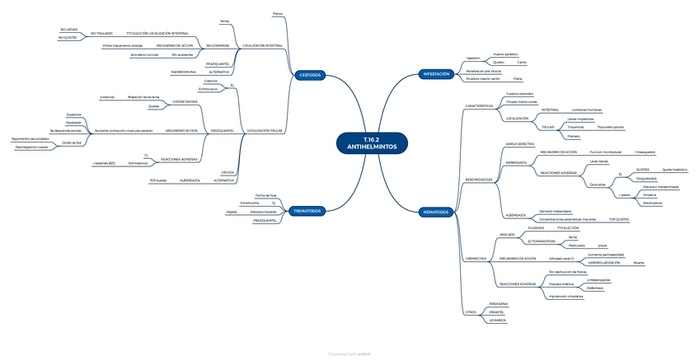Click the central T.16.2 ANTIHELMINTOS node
(x=372, y=142)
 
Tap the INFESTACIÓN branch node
(x=436, y=74)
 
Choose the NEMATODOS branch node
(x=435, y=212)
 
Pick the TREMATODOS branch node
(x=308, y=212)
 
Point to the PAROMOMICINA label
(x=183, y=72)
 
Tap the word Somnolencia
(x=162, y=164)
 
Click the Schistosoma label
(x=249, y=203)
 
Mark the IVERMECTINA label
(x=475, y=258)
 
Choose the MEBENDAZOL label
(x=516, y=162)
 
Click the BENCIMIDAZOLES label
(x=478, y=179)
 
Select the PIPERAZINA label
(x=498, y=304)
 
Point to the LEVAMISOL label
(x=496, y=320)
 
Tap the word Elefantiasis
(x=594, y=288)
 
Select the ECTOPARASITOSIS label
(x=518, y=241)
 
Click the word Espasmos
(x=74, y=115)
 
